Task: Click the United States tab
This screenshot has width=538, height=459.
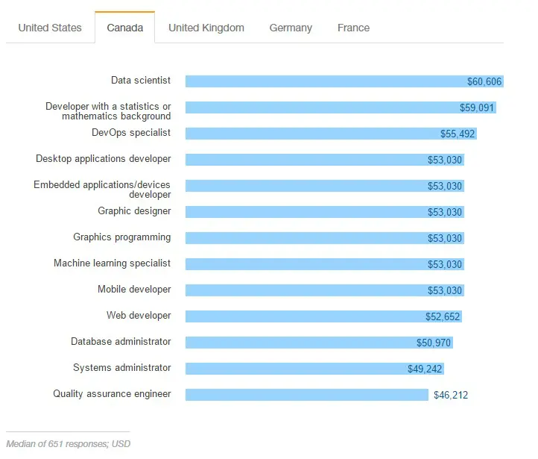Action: pos(50,28)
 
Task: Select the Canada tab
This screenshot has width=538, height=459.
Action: pos(124,28)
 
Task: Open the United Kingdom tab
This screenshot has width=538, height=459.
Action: pos(206,28)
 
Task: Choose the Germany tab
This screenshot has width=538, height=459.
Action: pos(291,28)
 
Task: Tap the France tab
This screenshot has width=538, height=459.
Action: pos(353,28)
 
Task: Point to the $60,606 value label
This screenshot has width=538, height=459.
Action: pos(484,81)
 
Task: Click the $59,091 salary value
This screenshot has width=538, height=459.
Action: pos(477,107)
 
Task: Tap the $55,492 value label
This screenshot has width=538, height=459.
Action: pos(458,134)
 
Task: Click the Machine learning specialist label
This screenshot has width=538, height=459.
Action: pos(112,263)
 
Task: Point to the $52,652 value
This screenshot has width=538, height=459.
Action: pos(443,316)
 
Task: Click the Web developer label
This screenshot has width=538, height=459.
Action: pos(139,316)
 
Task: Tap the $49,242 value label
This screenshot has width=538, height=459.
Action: pos(425,369)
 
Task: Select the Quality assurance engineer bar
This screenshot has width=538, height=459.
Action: pos(306,395)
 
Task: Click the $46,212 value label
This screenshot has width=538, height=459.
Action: pos(451,395)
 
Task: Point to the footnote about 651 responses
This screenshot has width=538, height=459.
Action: pos(68,443)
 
